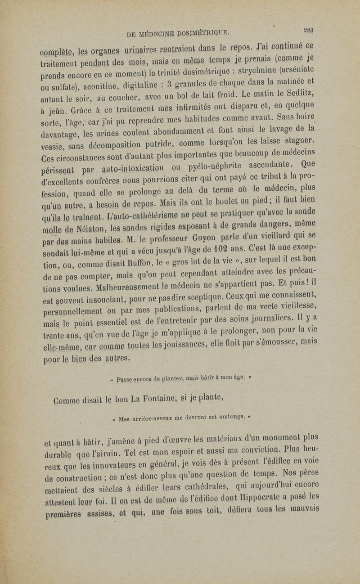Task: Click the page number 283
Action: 308,31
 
